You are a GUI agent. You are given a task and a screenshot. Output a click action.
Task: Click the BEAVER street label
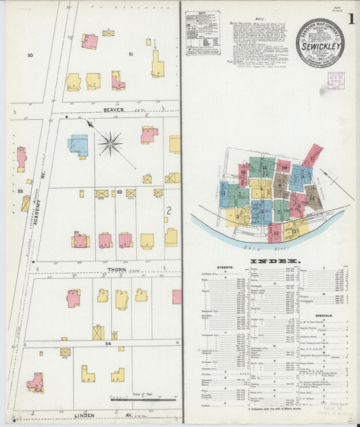point(114,108)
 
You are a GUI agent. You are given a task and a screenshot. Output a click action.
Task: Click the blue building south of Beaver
point(79,145)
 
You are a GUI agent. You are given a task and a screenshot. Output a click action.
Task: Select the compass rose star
point(111,143)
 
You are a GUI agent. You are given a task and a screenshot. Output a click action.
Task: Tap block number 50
point(30,54)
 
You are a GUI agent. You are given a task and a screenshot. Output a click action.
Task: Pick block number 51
point(131,53)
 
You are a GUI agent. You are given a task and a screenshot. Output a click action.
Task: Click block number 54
point(107,344)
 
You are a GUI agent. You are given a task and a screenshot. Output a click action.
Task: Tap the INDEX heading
point(275,261)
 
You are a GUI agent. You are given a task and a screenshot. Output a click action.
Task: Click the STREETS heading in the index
point(226,268)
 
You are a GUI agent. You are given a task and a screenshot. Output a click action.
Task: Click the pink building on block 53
point(21,158)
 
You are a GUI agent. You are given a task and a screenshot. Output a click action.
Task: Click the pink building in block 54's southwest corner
point(35,383)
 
